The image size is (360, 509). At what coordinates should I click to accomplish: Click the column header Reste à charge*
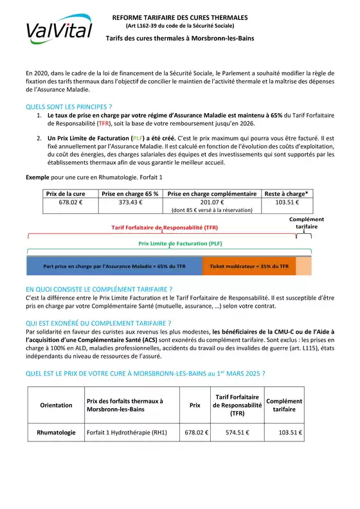(286, 193)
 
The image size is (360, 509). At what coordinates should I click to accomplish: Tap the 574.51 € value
(237, 433)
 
